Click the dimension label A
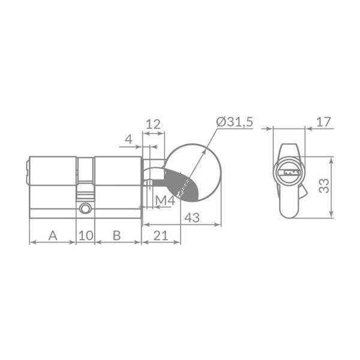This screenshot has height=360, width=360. [53, 235]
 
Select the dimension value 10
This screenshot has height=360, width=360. [85, 235]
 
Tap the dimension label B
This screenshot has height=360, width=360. [116, 235]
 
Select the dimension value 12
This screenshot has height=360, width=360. [153, 124]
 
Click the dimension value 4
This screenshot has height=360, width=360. [128, 139]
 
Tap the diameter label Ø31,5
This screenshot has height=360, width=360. [235, 122]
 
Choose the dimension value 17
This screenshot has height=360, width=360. [324, 122]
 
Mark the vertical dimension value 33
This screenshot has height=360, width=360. [324, 186]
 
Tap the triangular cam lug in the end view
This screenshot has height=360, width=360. [304, 193]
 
